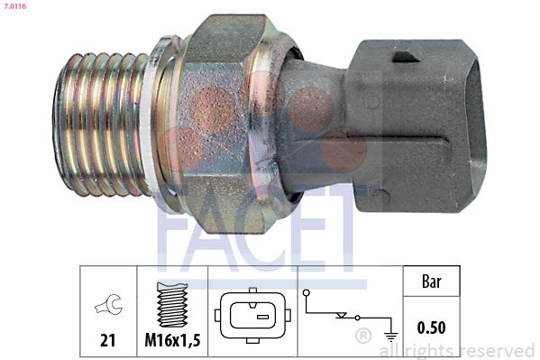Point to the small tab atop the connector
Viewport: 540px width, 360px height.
[x=406, y=56]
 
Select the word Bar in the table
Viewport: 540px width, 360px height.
[x=431, y=282]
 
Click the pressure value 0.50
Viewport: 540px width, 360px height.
[x=431, y=326]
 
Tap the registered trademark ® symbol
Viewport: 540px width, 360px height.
[x=362, y=337]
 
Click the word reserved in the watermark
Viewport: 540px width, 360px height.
[x=496, y=350]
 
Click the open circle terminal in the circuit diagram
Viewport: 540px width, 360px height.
[x=307, y=293]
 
